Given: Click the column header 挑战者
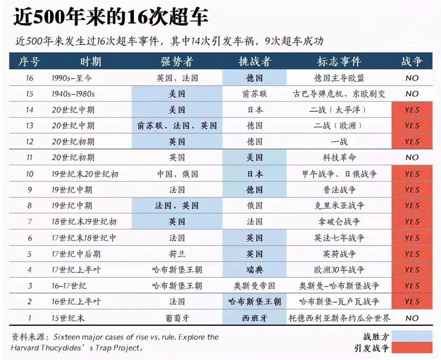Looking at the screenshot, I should pos(254,61).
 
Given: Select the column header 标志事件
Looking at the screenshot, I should pos(339,61).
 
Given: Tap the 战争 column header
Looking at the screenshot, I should pos(412,61).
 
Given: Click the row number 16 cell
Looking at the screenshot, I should pos(30,78).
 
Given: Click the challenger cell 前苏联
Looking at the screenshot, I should pos(254,94).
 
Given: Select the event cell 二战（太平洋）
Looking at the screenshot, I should pos(339,110).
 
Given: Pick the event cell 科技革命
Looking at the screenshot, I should pos(339,157).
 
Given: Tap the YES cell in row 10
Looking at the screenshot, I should pos(412,174).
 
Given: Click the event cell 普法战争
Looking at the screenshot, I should pos(339,190).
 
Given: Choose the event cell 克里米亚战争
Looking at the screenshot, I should pos(339,206).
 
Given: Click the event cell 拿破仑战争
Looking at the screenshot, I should pos(339,222).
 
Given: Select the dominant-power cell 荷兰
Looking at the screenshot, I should pos(177,254).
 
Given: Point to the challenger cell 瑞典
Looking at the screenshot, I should pos(254,270).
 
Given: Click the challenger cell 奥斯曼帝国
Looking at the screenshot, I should pos(254,286).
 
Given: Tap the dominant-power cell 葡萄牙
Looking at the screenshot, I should pos(177,318).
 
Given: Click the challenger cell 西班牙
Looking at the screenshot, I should pos(254,318).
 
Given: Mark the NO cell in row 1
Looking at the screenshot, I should pos(412,318).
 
